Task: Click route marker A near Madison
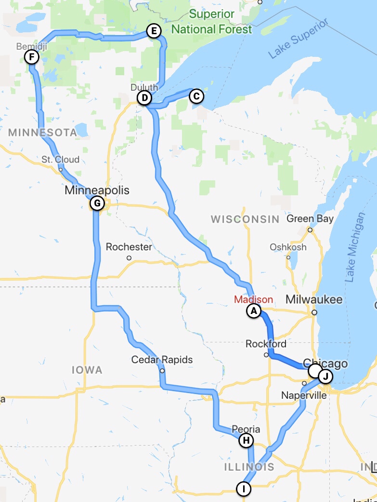(254, 311)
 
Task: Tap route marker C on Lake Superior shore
(196, 96)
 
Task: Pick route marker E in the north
(154, 32)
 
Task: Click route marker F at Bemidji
(31, 57)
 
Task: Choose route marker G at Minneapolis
(97, 203)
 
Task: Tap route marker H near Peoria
(246, 440)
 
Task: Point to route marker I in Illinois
(244, 488)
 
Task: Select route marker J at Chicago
(325, 376)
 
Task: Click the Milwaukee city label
(314, 299)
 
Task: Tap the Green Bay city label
(310, 219)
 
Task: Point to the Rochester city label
(129, 247)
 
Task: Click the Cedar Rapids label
(162, 360)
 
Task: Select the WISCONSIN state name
(245, 219)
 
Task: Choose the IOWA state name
(87, 370)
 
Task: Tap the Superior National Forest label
(211, 22)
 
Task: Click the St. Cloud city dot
(61, 169)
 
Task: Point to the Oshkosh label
(288, 247)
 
